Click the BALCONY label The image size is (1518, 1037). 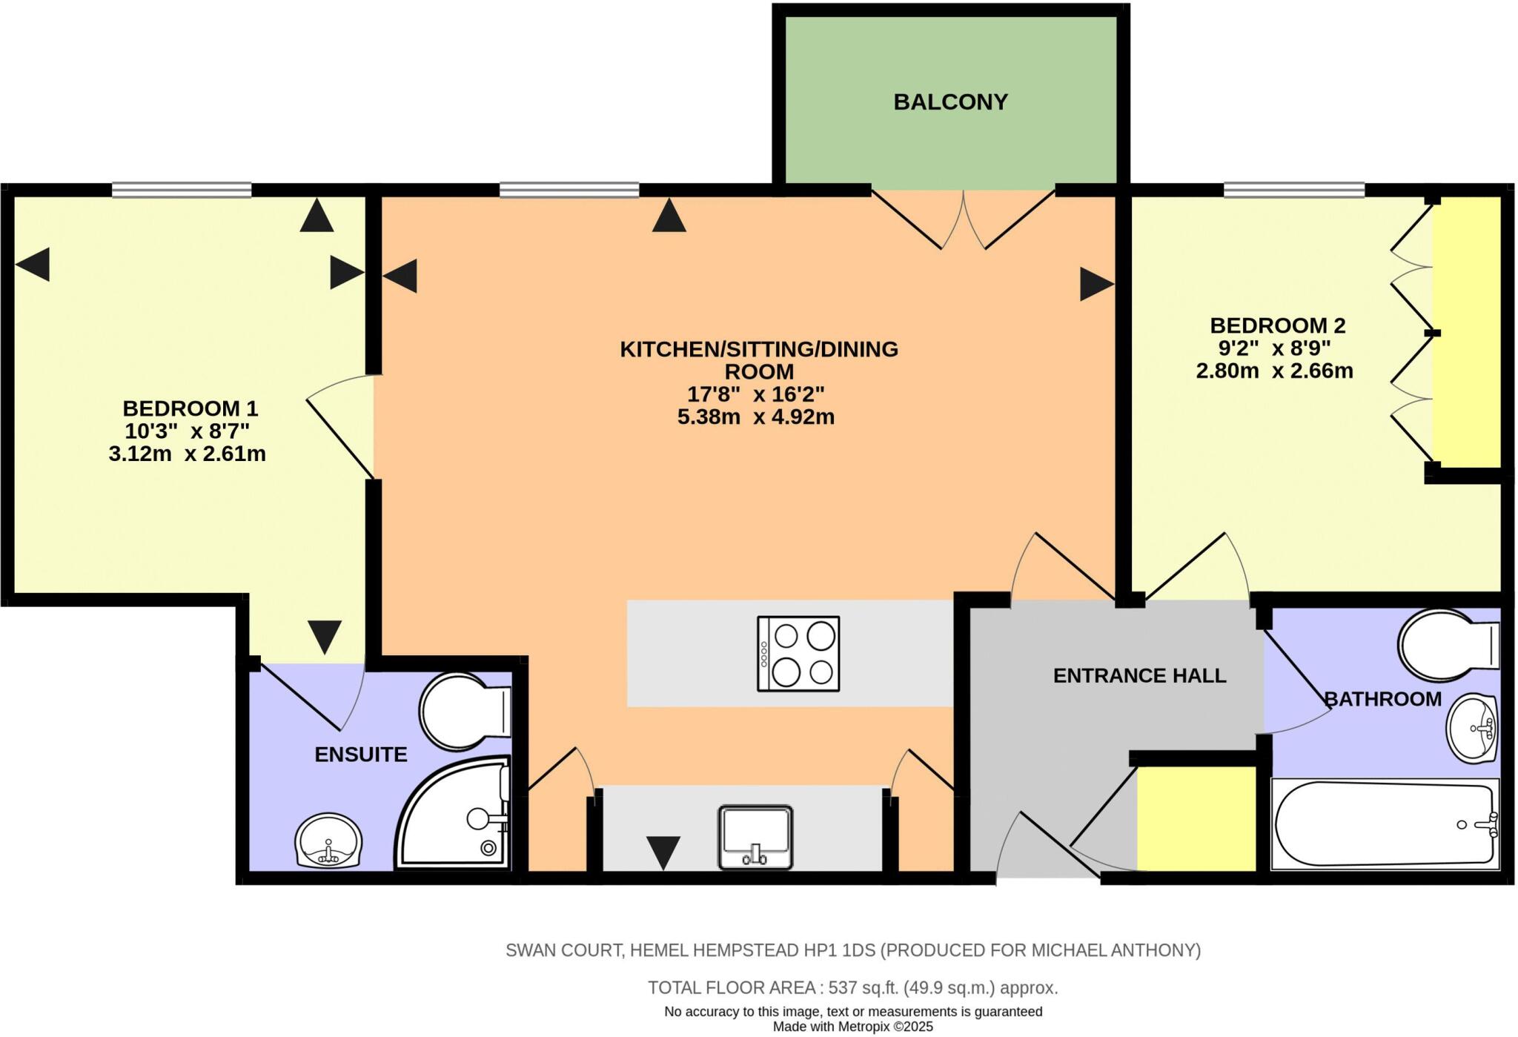pos(950,102)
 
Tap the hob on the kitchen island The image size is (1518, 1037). pos(798,654)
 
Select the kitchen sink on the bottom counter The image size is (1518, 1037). pos(755,837)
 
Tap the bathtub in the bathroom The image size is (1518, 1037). pos(1384,824)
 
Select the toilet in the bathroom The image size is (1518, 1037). pos(1445,645)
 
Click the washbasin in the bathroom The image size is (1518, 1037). pos(1473,728)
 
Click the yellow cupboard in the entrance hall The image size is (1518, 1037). pos(1196,818)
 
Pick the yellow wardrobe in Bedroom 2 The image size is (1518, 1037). pos(1466,331)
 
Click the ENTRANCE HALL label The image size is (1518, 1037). pos(1139,675)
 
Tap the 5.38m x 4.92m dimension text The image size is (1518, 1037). pos(755,417)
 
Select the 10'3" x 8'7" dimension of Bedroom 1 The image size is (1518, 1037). pos(188,431)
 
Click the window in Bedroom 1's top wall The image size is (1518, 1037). pos(182,190)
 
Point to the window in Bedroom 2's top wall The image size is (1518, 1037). pos(1293,190)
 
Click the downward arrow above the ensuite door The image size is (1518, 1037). pos(325,636)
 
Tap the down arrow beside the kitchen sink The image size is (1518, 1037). pos(663,852)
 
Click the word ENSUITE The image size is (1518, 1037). pos(361,755)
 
